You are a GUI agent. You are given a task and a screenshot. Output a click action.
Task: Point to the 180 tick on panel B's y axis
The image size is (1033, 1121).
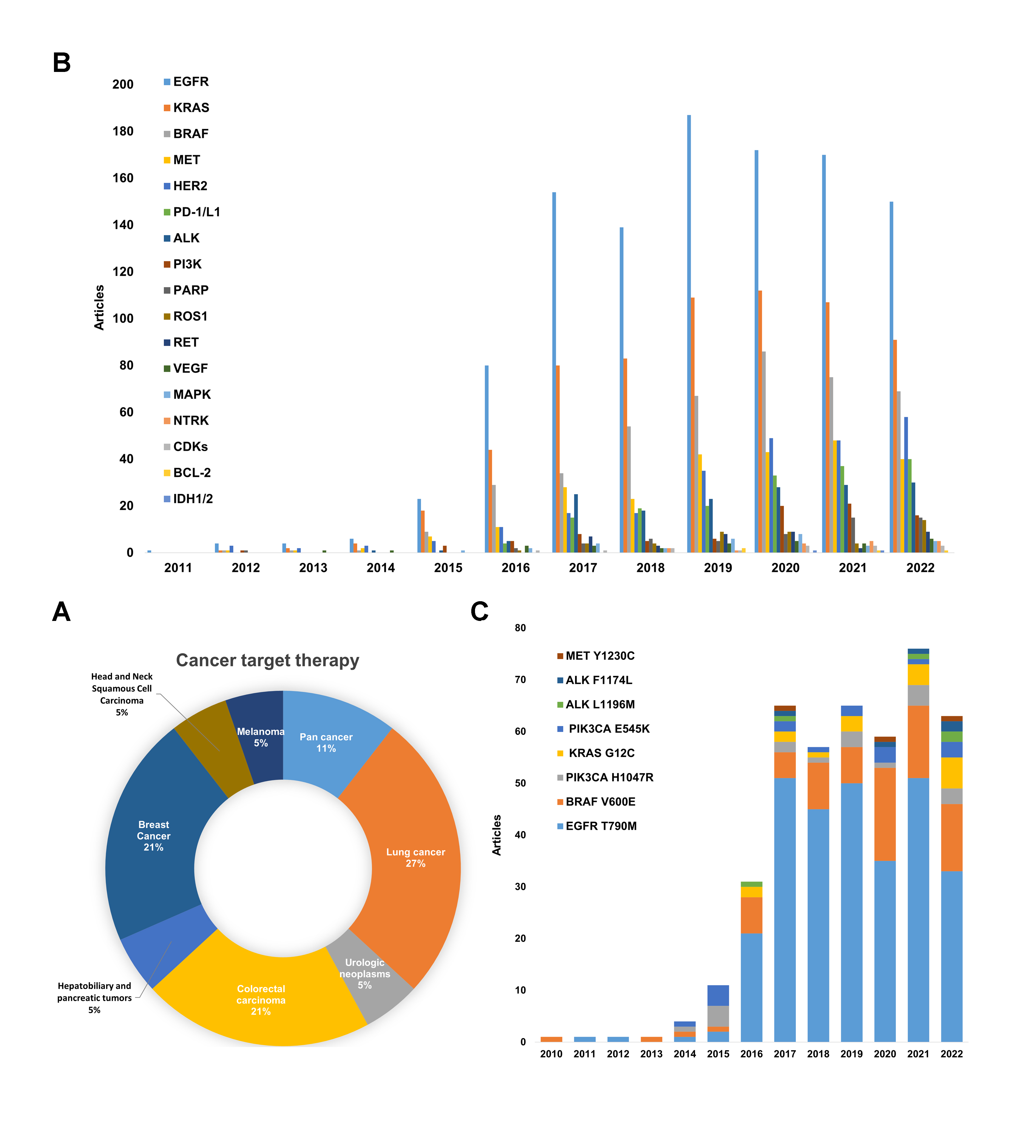point(123,131)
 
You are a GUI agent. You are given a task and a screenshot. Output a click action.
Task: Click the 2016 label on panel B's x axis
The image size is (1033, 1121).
point(516,568)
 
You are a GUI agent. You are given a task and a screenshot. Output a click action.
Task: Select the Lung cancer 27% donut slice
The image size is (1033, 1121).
point(415,857)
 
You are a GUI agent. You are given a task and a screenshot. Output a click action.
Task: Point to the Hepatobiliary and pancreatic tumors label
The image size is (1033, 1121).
point(94,998)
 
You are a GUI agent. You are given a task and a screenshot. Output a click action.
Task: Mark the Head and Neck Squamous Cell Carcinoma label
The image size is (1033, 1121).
point(122,694)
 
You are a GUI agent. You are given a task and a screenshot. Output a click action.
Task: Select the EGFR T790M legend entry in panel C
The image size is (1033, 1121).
point(600,826)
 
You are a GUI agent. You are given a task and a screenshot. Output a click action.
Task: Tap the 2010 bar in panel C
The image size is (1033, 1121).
point(551,1039)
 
